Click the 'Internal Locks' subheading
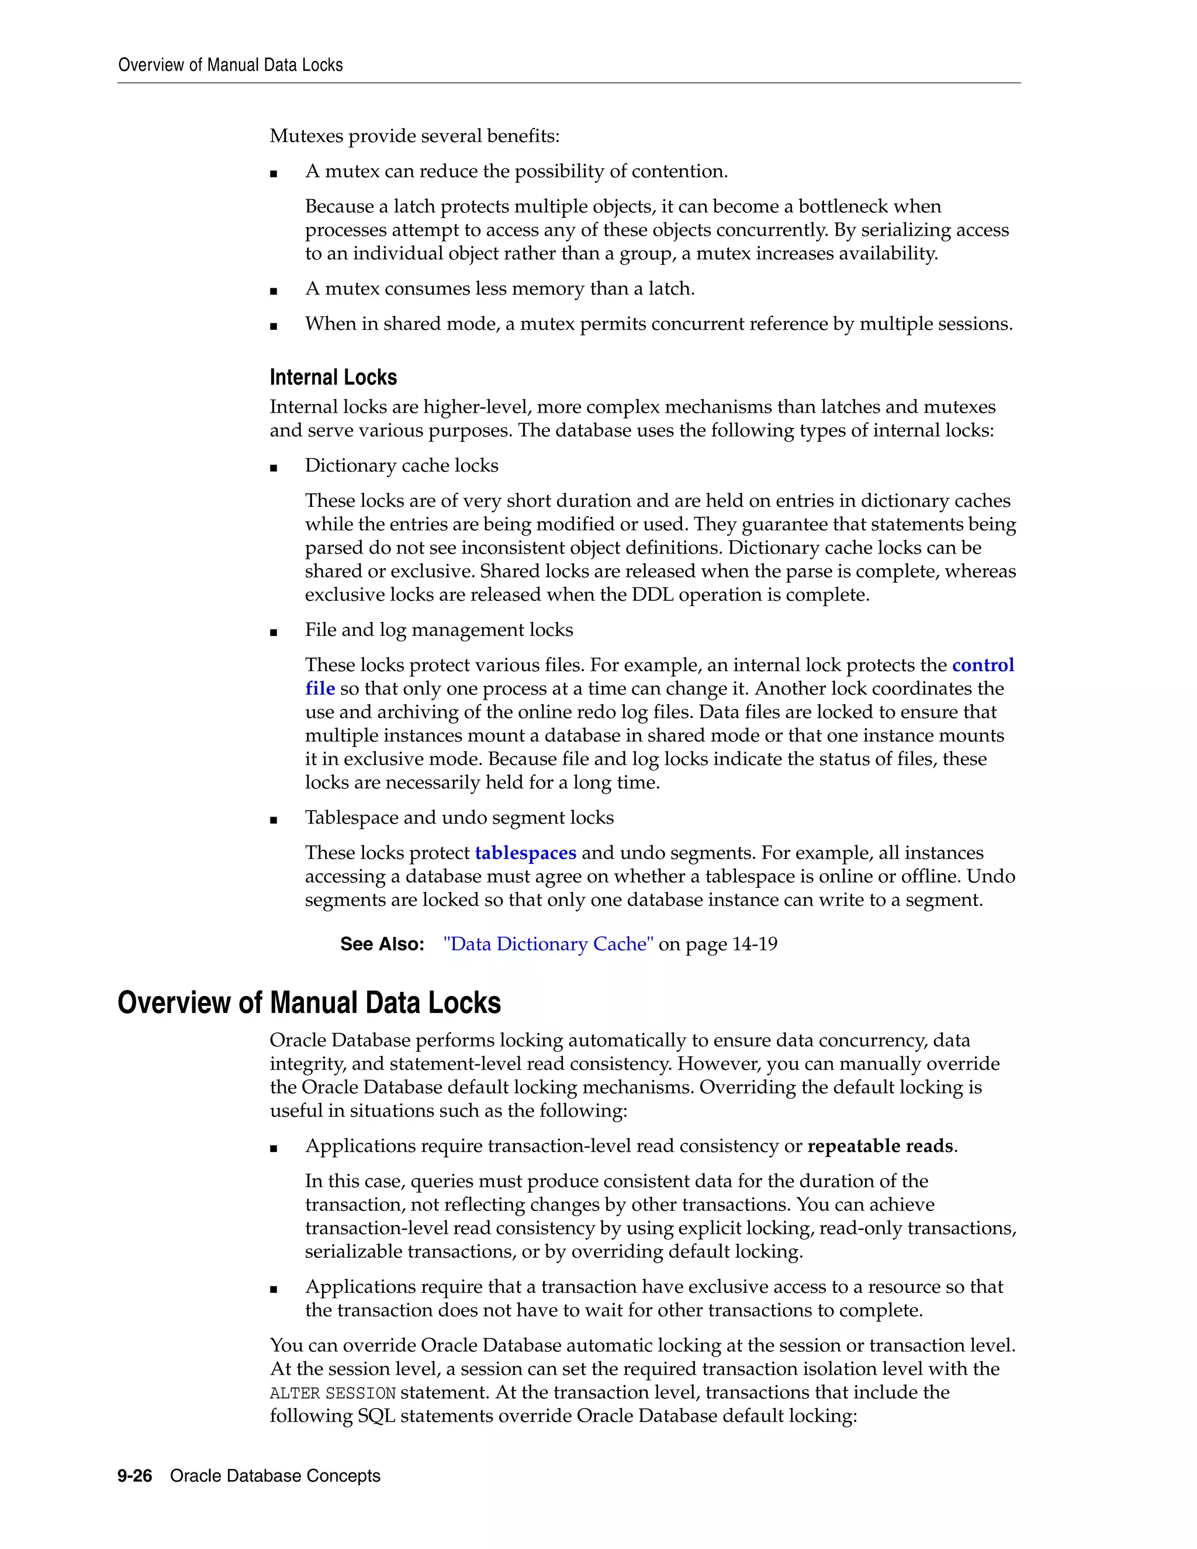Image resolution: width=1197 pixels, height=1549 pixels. click(x=333, y=378)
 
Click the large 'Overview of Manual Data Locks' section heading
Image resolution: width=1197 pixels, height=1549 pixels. click(x=309, y=1003)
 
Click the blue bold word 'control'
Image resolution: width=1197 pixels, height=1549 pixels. click(x=983, y=665)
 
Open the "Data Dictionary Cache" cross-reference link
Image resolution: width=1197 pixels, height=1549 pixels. click(x=548, y=944)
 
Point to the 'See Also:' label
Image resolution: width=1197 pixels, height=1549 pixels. click(x=382, y=944)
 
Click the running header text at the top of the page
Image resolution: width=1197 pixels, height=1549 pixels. click(x=230, y=65)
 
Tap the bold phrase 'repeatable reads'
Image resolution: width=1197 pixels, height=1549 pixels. click(x=880, y=1146)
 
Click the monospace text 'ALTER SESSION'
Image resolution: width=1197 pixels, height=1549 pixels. click(x=333, y=1393)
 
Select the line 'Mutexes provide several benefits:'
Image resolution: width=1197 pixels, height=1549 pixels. click(x=415, y=136)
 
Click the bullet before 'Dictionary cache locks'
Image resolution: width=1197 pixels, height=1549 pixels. click(x=274, y=468)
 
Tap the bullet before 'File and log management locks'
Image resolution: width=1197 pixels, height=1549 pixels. click(x=274, y=632)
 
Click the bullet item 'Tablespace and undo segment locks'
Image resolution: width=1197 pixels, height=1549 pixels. click(x=459, y=818)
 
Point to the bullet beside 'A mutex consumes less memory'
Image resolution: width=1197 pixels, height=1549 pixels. click(x=274, y=291)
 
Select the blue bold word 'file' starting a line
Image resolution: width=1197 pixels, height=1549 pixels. click(x=320, y=688)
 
